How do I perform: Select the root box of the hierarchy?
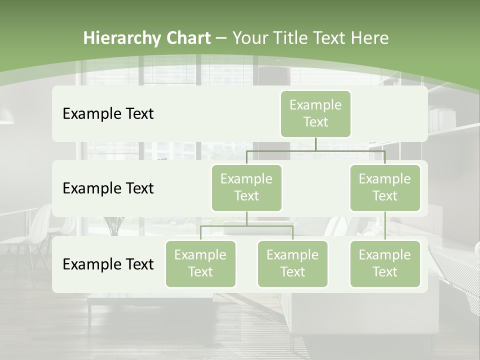[315, 113]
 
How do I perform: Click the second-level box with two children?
[246, 187]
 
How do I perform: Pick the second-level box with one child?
[385, 187]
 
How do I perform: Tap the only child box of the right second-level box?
[385, 263]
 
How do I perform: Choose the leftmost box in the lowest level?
[200, 263]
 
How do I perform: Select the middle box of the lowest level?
[292, 263]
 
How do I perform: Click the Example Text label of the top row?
[108, 114]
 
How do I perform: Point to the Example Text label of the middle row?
[108, 188]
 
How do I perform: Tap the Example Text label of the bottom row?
[108, 264]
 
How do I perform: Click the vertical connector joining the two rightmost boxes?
[385, 225]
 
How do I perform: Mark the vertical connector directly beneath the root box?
[315, 144]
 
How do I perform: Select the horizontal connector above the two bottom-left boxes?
[246, 226]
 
